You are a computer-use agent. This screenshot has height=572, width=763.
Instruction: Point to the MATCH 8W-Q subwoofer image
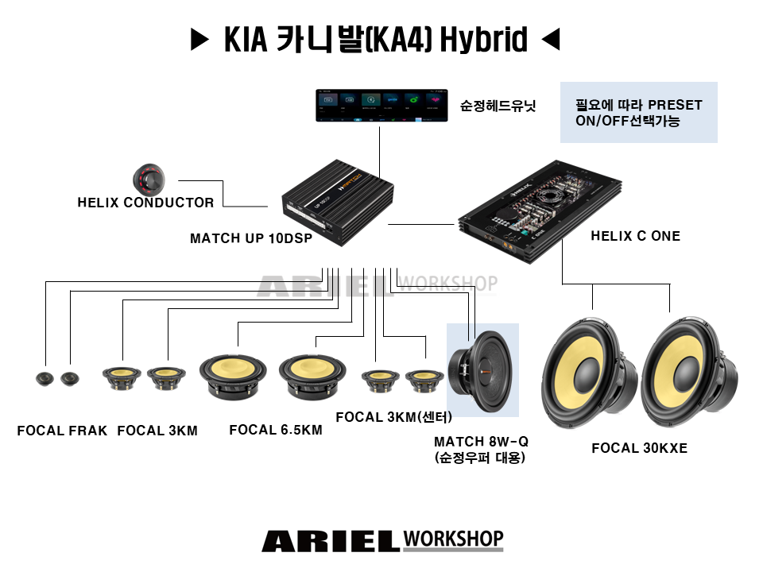(x=482, y=371)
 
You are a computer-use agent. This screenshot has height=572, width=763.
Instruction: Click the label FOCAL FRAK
(x=62, y=431)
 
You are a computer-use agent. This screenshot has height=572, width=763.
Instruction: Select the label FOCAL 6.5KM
(x=275, y=431)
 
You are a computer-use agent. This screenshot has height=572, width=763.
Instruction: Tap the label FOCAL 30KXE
(x=639, y=449)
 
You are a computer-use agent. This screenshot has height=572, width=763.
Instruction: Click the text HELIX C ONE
(x=635, y=236)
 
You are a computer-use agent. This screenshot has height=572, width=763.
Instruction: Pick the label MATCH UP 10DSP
(x=251, y=238)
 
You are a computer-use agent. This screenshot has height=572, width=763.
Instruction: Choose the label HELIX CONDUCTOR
(x=145, y=203)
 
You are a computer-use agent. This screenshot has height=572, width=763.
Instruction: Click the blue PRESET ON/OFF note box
(x=638, y=112)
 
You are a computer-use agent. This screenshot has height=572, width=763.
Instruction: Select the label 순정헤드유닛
(x=498, y=105)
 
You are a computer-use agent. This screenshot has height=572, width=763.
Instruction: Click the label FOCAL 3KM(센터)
(x=393, y=417)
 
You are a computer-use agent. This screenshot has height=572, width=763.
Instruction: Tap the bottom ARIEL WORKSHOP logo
(x=382, y=541)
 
